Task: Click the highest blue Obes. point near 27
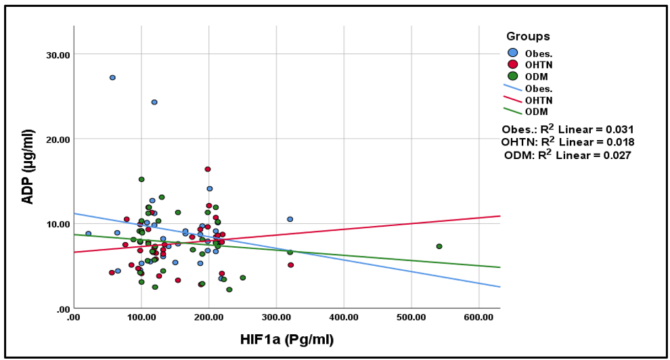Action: [x=112, y=78]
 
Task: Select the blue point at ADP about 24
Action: [x=154, y=102]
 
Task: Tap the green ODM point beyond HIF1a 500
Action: [x=439, y=246]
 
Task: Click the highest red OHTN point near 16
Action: [x=208, y=169]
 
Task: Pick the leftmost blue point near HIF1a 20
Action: [x=88, y=233]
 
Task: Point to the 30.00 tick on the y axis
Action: [x=56, y=54]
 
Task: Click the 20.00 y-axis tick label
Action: [x=56, y=139]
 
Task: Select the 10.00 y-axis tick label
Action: [x=56, y=224]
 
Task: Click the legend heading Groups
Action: [x=528, y=37]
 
